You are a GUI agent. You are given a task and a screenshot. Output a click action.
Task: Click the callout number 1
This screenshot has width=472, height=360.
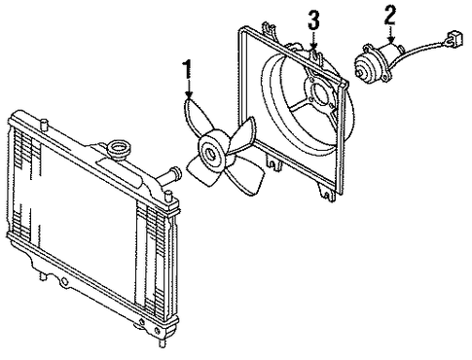187,69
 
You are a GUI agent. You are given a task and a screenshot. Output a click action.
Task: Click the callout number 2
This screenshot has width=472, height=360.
390,16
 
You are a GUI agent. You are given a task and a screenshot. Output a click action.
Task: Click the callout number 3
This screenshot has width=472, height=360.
313,20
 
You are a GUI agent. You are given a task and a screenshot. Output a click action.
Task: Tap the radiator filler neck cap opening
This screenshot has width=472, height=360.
121,150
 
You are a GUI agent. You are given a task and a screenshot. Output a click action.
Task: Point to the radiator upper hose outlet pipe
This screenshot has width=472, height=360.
169,176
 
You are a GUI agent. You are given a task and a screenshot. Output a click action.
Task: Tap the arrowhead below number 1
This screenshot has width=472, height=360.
188,94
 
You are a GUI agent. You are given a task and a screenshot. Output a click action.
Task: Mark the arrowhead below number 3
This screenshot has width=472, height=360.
313,46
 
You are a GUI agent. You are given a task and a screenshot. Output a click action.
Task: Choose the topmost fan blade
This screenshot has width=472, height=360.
196,118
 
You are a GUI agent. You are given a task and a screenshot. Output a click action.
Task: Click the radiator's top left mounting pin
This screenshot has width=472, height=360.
44,124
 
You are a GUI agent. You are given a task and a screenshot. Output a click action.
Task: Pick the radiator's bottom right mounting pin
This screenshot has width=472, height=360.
161,342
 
